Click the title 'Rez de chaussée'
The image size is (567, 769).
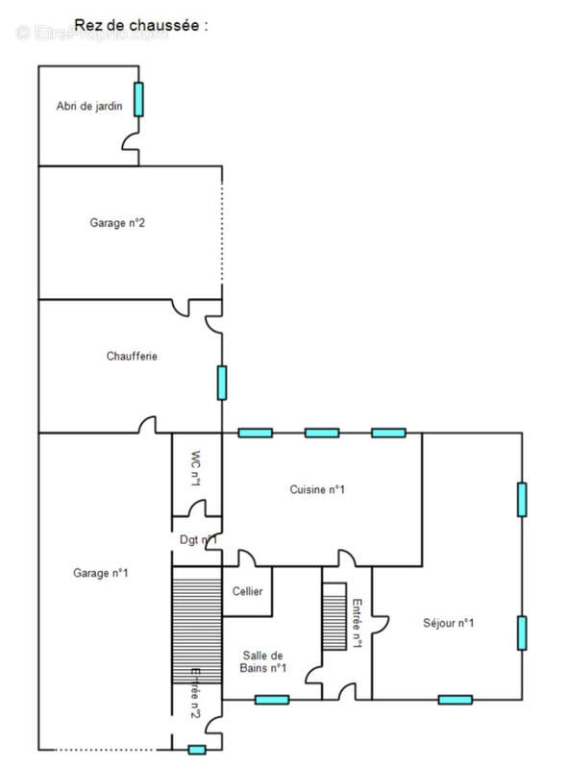tap(141, 26)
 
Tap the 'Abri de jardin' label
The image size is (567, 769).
tap(88, 107)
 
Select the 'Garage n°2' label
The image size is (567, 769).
tap(117, 223)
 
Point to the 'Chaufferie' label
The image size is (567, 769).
tap(132, 356)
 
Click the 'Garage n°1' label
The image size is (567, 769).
tap(101, 573)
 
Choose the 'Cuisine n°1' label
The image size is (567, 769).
tap(317, 489)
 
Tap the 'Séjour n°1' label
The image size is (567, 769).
tap(449, 623)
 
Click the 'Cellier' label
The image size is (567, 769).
tap(247, 591)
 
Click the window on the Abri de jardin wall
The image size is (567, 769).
tap(138, 99)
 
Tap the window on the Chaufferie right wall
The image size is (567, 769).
tap(222, 382)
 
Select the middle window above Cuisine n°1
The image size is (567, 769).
tap(322, 433)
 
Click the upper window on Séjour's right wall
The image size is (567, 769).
tap(522, 499)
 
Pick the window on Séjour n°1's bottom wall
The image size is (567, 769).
tap(455, 699)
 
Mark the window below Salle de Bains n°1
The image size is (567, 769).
tap(272, 699)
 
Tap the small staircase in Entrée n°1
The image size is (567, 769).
tap(333, 616)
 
